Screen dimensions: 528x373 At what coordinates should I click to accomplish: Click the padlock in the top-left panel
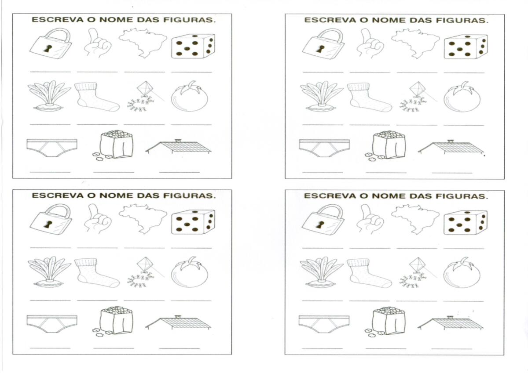[51, 44]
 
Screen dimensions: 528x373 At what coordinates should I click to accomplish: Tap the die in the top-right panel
[466, 47]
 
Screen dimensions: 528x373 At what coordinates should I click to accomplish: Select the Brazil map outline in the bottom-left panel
[143, 219]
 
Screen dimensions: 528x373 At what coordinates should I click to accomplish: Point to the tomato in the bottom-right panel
[462, 272]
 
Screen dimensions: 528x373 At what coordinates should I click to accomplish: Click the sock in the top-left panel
[97, 97]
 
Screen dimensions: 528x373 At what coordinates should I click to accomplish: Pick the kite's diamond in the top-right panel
[418, 89]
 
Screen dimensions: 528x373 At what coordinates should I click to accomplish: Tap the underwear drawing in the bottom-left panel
[52, 324]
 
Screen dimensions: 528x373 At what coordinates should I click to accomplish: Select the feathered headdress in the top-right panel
[322, 96]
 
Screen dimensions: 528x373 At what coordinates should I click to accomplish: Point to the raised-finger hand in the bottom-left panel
[98, 219]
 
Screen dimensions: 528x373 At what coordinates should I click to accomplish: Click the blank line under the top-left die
[191, 72]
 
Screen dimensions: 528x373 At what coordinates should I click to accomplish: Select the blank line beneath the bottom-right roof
[451, 348]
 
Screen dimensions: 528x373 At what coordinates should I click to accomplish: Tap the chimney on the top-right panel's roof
[451, 141]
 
